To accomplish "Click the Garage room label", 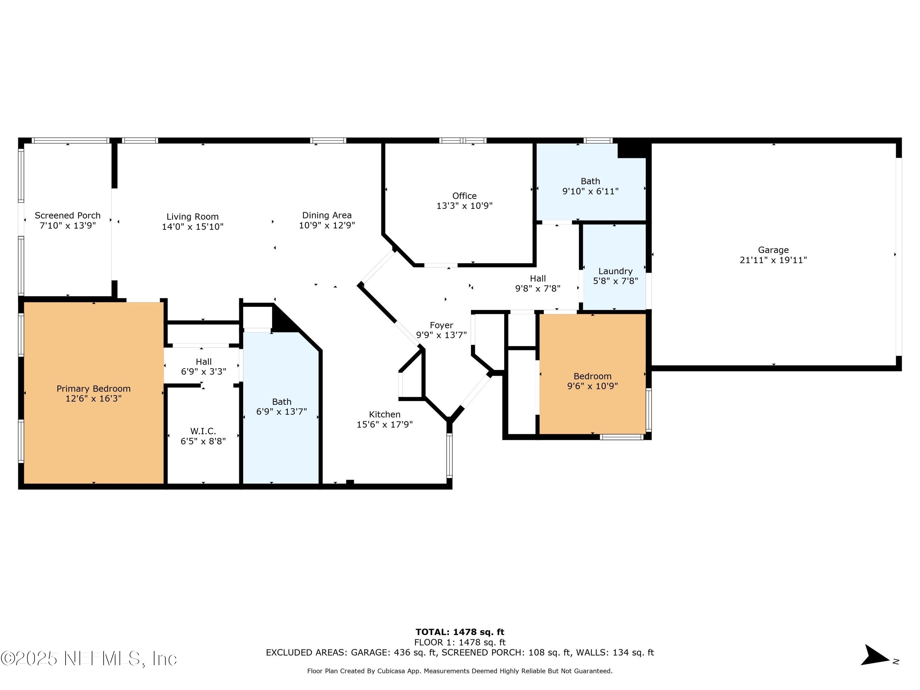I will click(773, 250).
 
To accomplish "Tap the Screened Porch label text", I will click(67, 216).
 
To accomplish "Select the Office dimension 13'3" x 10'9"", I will click(464, 206).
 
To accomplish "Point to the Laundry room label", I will click(615, 271).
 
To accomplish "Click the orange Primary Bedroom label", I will click(94, 389).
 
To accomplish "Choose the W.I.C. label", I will click(203, 431).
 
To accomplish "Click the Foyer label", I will click(441, 325).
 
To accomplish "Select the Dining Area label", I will click(327, 215).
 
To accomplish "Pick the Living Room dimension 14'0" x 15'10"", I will click(193, 227).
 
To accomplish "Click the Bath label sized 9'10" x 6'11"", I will click(590, 181).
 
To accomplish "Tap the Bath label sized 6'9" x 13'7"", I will click(282, 402).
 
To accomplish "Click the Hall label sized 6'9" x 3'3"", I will click(203, 362).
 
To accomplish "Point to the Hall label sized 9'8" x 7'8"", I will click(538, 279).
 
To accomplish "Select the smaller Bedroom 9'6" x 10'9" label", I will click(592, 376).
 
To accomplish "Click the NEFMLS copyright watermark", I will click(89, 658).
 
